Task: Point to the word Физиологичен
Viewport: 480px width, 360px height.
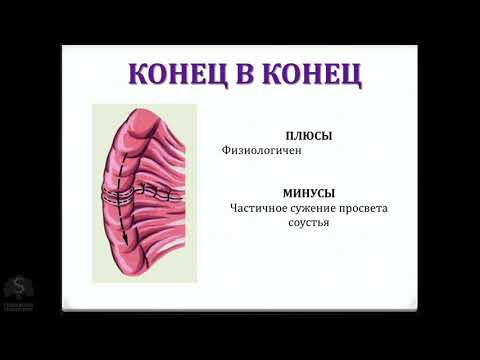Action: tap(262, 151)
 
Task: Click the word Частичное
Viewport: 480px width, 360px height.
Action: tap(260, 208)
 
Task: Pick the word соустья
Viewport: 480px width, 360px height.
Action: tap(308, 223)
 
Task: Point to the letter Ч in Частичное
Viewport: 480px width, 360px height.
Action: tap(235, 208)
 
